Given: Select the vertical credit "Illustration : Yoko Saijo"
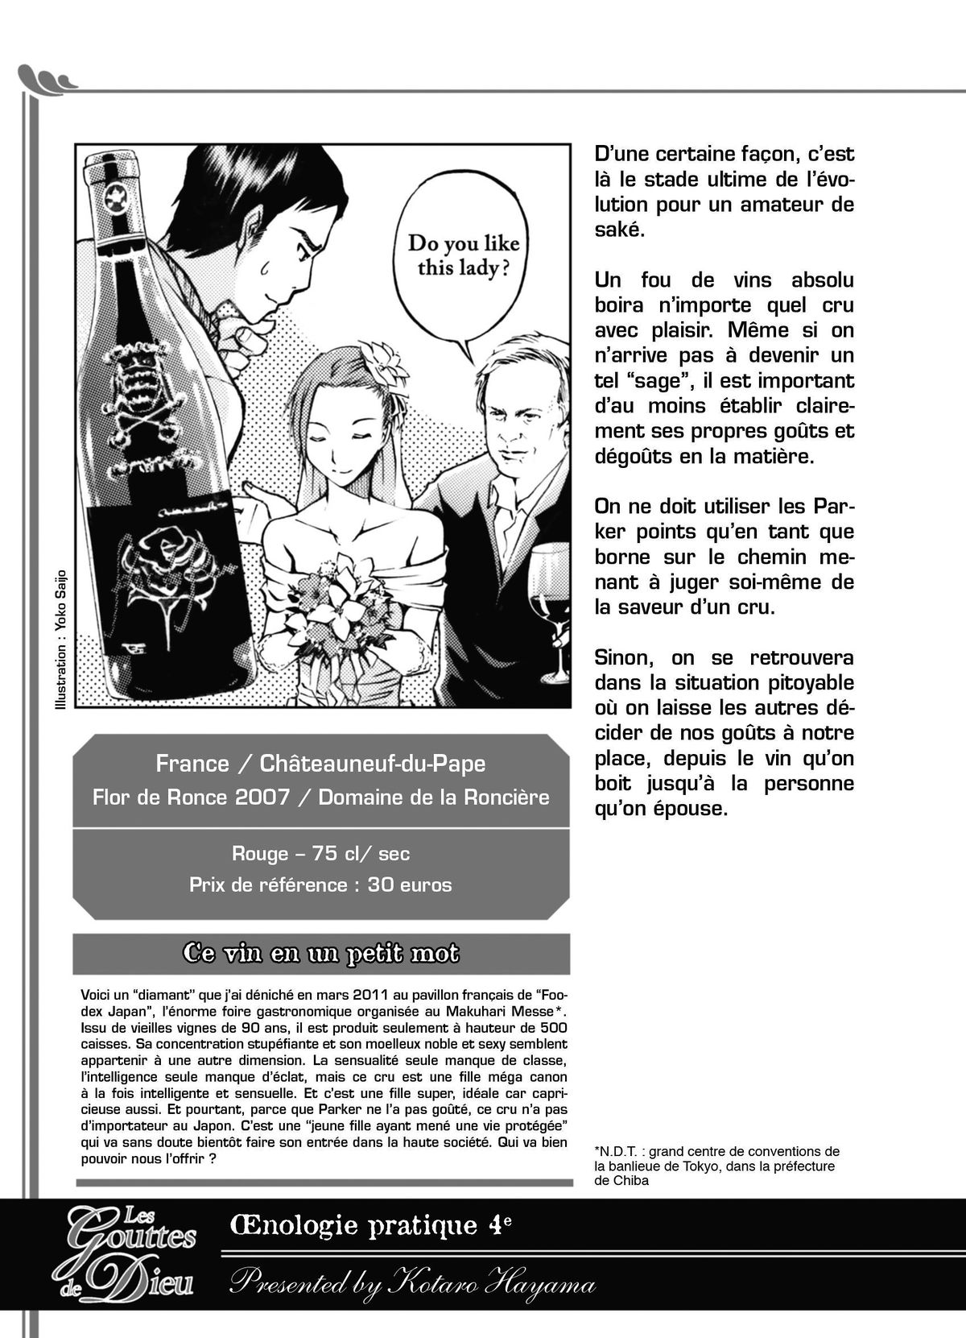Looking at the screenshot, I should (x=60, y=640).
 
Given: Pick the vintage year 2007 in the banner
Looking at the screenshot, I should (x=262, y=797).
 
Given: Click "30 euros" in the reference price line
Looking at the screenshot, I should (x=410, y=884).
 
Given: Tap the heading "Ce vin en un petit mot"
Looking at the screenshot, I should (x=320, y=953).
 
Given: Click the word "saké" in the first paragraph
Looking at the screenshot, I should (x=619, y=230).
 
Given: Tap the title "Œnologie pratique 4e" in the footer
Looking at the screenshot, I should (x=370, y=1226).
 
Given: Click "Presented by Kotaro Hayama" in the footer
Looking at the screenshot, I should (x=412, y=1282).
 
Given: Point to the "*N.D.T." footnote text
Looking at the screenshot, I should (x=716, y=1166).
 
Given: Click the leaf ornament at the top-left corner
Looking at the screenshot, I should (x=46, y=78).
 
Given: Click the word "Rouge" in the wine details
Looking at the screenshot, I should (x=260, y=854).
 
